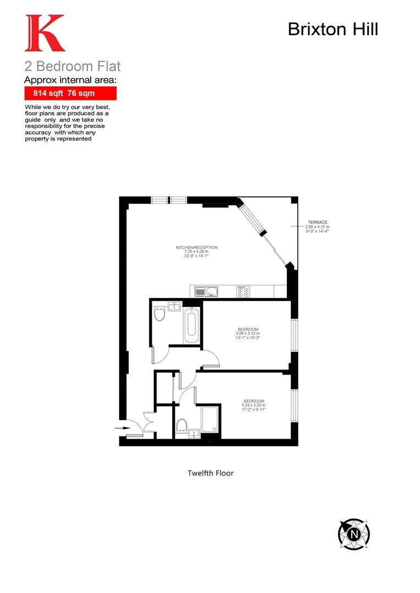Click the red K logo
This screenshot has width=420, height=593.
coord(45,33)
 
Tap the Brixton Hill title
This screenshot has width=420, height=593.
coord(333,29)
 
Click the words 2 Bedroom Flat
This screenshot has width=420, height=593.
coord(73,67)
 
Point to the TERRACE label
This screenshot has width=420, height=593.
coord(317,222)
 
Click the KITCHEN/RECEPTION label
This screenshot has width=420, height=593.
coord(196,248)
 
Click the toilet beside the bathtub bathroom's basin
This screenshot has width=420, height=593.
coord(159,315)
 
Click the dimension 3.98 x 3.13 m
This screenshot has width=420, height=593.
coord(247,333)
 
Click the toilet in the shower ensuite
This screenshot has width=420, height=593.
coord(182,424)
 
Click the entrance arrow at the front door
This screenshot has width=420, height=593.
coord(120,426)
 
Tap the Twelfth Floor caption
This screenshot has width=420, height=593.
coord(211,473)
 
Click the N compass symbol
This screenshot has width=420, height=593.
coord(353,533)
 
